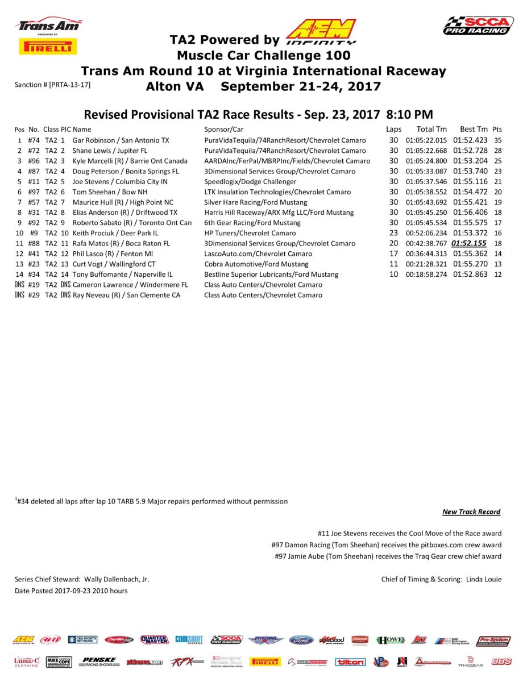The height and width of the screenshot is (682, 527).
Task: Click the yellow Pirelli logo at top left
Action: pos(48,47)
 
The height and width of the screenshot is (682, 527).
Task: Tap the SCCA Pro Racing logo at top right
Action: pos(478,26)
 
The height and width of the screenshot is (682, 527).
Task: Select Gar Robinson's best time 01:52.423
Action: pos(470,140)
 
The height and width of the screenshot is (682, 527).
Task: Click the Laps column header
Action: pos(393,130)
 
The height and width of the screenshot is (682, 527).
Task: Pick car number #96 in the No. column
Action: pos(34,161)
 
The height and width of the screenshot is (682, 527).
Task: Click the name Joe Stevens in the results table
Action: pos(93,182)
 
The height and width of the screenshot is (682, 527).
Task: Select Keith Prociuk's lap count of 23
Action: pos(393,233)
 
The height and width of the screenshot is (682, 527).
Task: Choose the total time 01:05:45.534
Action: pos(426,223)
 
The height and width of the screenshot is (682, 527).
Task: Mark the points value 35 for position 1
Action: pos(498,140)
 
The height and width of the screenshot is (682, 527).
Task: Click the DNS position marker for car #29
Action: pos(19,296)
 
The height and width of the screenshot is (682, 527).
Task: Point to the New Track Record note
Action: pos(471,512)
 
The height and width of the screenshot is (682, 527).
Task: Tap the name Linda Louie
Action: pos(484,579)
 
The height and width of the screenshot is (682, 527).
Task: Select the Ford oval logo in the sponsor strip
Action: pos(301,640)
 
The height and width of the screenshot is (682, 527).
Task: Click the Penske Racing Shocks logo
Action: pos(99,662)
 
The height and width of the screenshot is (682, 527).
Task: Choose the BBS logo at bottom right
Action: pos(501,662)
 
